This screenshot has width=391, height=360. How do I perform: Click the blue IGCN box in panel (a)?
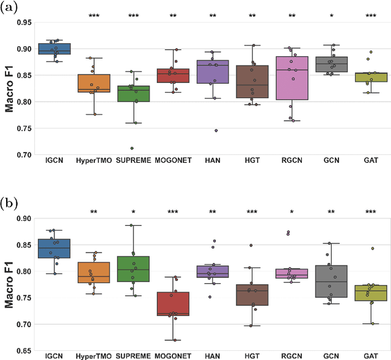pos(54,49)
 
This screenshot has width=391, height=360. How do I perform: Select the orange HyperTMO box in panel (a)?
pos(94,83)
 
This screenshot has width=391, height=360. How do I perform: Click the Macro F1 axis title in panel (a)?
pos(9,88)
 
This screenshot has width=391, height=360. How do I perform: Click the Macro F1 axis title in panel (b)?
pos(9,284)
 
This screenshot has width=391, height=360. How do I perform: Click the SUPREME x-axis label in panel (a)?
pos(134,160)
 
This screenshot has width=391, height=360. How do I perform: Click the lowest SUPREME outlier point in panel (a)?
pos(131,148)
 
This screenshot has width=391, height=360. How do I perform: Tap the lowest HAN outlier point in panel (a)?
pos(216,131)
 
